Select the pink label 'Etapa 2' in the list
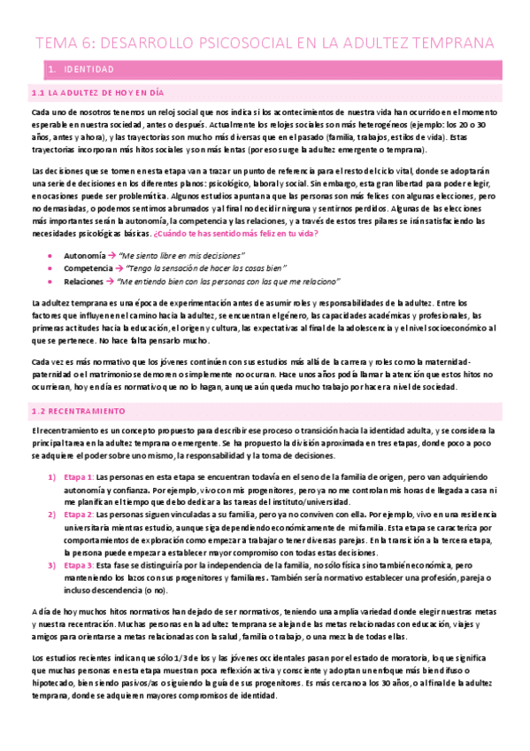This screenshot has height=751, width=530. (x=80, y=514)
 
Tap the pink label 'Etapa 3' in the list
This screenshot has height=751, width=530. (x=80, y=563)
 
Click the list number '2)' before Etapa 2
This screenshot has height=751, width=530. (x=50, y=514)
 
